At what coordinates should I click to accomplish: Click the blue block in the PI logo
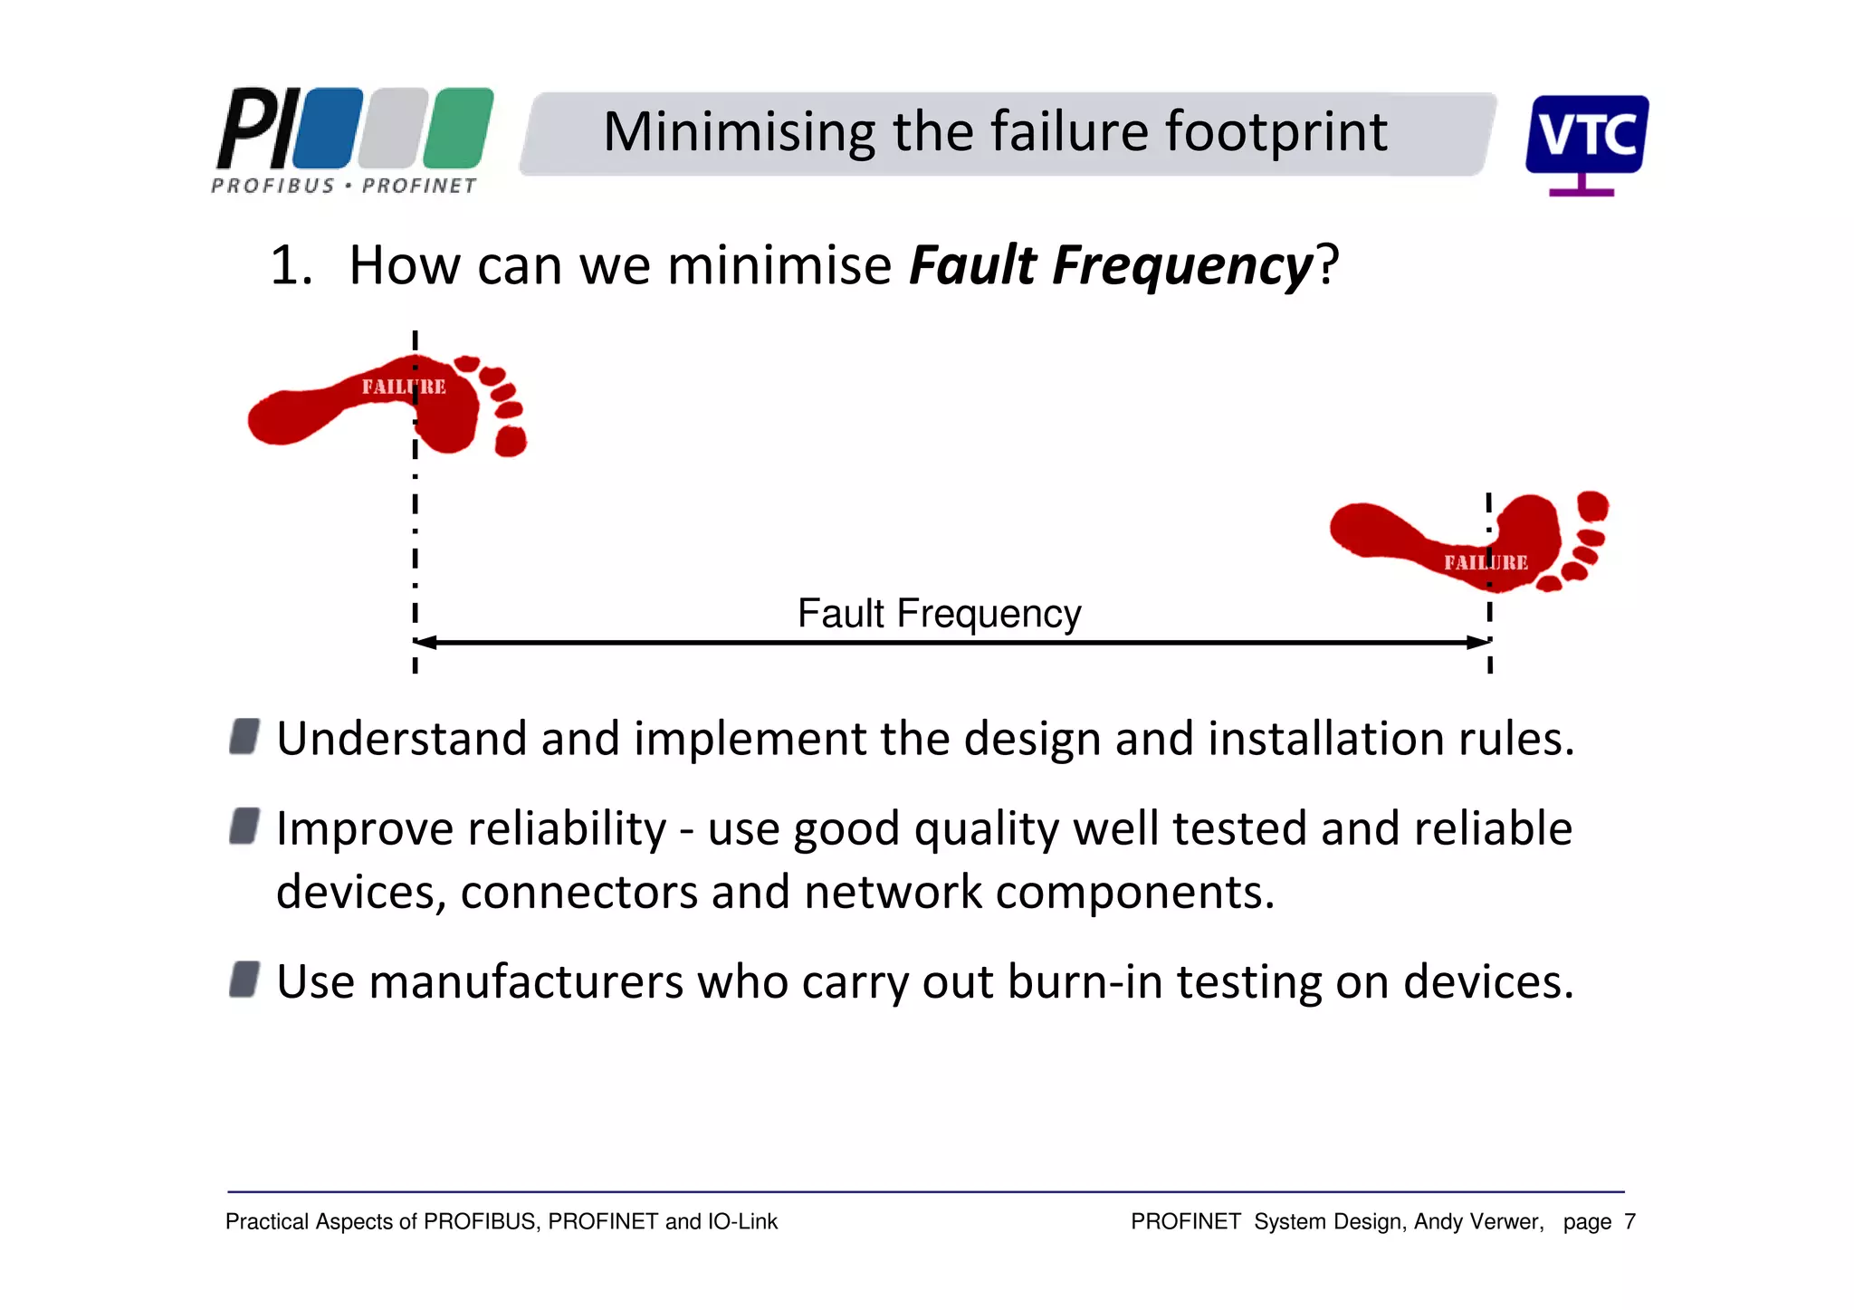click(x=328, y=129)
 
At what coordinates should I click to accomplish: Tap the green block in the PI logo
click(x=458, y=129)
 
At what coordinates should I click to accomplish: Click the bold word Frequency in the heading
click(x=1181, y=265)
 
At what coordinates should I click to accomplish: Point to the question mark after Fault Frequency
click(x=1327, y=265)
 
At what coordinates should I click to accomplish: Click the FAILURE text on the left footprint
click(x=404, y=387)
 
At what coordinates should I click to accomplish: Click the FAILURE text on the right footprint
click(x=1486, y=563)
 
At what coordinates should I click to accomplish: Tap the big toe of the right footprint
click(x=1592, y=505)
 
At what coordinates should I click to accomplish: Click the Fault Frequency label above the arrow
click(x=939, y=614)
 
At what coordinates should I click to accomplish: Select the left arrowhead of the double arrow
click(x=424, y=643)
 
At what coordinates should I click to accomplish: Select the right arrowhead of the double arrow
click(x=1479, y=643)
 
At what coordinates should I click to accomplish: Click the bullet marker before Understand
click(x=244, y=737)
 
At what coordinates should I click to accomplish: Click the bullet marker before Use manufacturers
click(x=244, y=980)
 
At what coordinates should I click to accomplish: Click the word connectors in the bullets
click(x=578, y=893)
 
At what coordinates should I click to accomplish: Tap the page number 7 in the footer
click(x=1629, y=1222)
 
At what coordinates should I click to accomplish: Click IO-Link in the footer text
click(x=742, y=1222)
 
